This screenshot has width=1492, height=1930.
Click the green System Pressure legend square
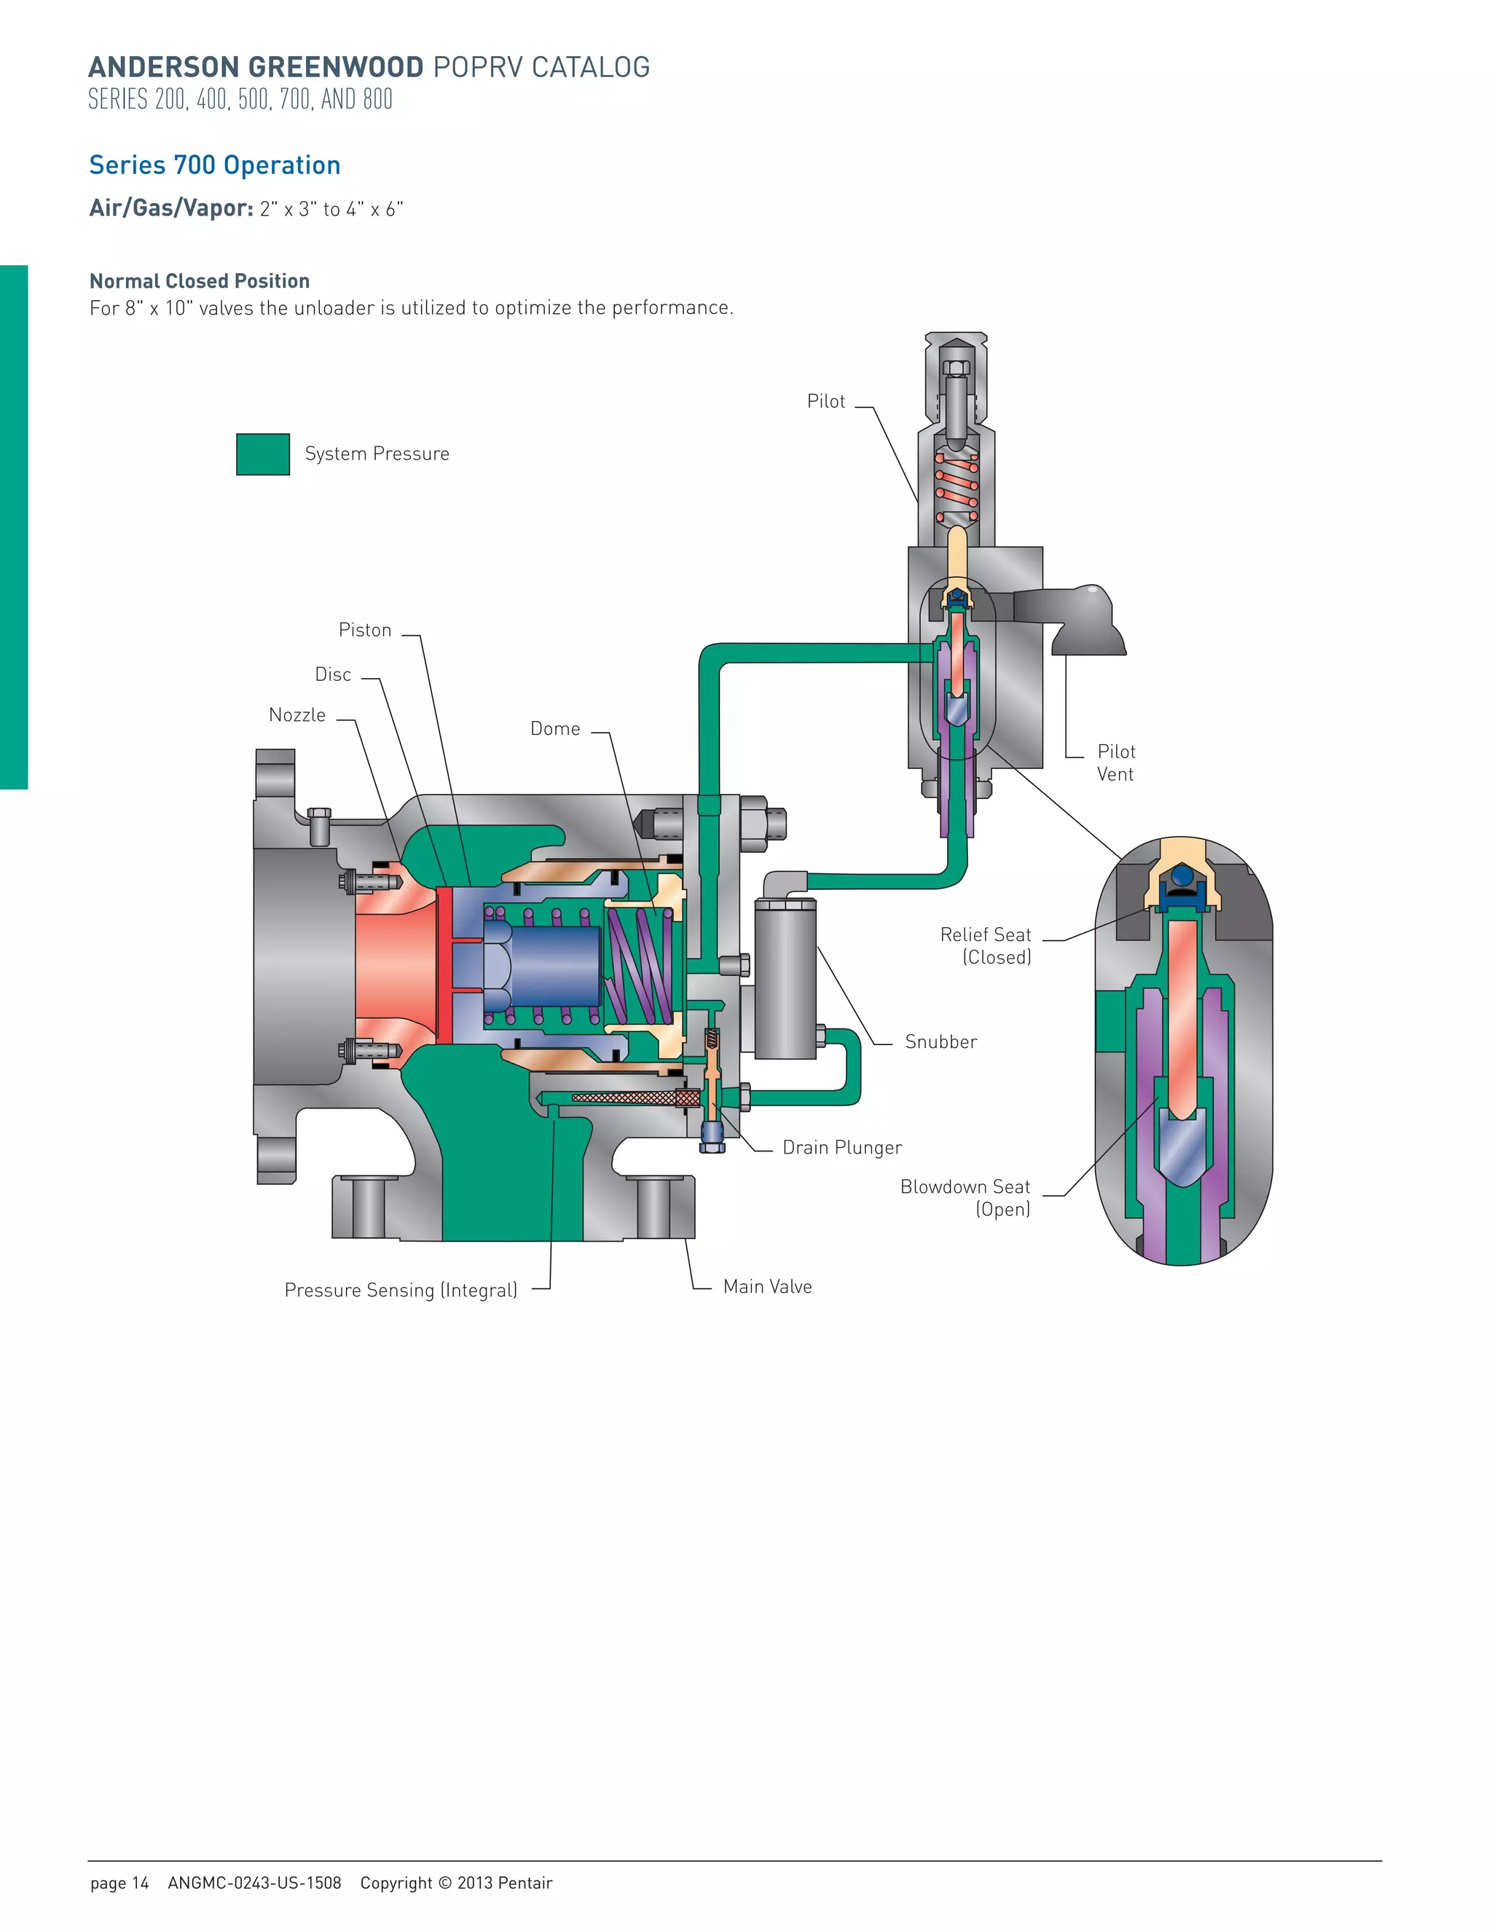coord(262,454)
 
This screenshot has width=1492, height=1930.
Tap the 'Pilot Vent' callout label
coord(1115,763)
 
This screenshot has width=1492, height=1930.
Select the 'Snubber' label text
coord(941,1042)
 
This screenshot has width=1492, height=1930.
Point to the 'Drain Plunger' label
coord(841,1148)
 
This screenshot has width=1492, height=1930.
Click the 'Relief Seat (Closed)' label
coord(986,945)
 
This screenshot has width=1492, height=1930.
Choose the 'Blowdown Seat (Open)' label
coord(965,1198)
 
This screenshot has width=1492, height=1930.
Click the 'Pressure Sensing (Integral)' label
coord(401,1291)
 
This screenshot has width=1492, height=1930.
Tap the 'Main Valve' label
coord(767,1287)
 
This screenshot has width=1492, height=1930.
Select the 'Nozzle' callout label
coord(297,715)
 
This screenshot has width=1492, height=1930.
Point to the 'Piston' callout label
coord(364,630)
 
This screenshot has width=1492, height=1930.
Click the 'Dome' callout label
coord(555,729)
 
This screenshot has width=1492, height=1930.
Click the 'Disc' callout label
coord(333,674)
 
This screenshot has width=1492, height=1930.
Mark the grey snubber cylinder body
coord(785,981)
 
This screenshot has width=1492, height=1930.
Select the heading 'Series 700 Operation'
coord(215,165)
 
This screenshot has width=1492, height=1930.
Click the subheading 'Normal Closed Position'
coord(200,281)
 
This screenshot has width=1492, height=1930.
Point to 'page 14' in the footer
coord(119,1882)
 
